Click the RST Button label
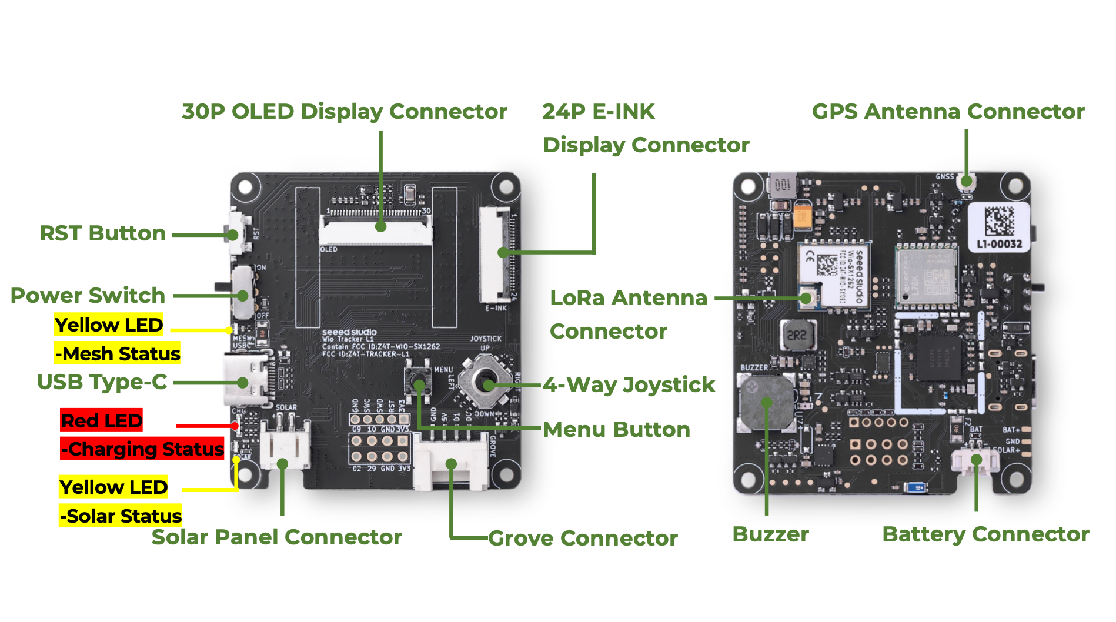(x=102, y=233)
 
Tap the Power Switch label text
(x=88, y=295)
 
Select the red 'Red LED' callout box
(x=102, y=420)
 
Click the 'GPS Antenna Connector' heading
(x=948, y=112)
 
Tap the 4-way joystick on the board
(x=487, y=384)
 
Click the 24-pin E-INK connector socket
(x=495, y=254)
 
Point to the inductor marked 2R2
(x=797, y=336)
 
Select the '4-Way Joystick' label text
(x=629, y=385)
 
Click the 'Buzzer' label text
(x=770, y=534)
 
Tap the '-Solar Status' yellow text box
(x=121, y=516)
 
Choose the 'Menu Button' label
(x=616, y=430)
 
